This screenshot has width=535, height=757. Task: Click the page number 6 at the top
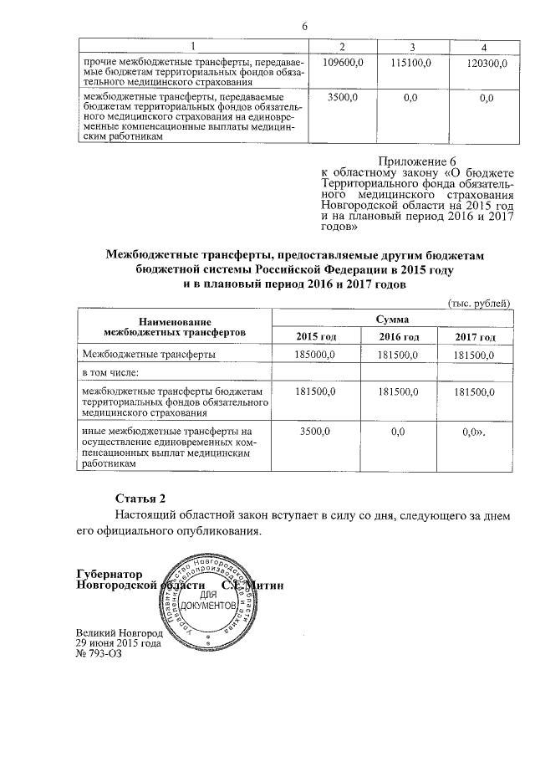click(305, 26)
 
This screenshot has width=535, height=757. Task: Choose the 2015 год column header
click(316, 336)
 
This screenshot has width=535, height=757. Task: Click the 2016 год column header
click(399, 336)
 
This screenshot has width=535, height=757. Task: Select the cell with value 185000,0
click(316, 355)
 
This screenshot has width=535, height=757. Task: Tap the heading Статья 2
click(135, 497)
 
